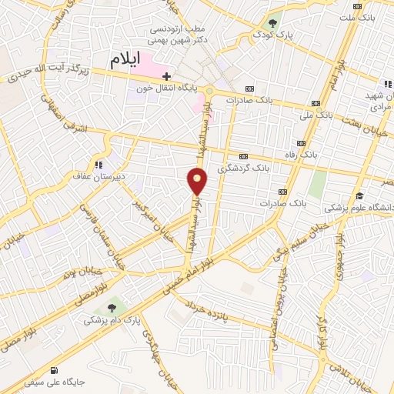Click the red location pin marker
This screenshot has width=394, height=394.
point(198,182)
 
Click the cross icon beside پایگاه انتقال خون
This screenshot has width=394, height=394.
point(166,75)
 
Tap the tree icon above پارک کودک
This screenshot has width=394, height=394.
point(272,22)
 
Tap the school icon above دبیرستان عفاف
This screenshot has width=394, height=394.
point(98,164)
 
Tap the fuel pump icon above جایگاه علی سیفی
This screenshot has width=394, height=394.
point(53,367)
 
